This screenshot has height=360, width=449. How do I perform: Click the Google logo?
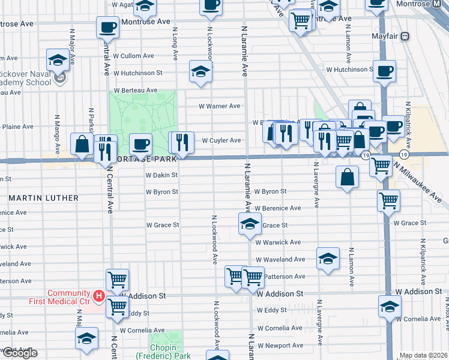(19, 353)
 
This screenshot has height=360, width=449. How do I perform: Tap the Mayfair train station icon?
(405, 36)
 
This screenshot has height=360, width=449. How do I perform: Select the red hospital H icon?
(98, 296)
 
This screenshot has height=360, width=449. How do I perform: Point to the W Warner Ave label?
(220, 106)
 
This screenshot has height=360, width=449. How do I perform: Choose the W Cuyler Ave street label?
(221, 140)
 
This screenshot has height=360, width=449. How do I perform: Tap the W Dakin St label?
(162, 175)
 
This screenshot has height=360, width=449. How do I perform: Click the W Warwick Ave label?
(277, 242)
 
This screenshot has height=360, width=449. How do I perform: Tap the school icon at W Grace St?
(250, 224)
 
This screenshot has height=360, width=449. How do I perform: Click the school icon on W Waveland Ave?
(328, 258)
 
